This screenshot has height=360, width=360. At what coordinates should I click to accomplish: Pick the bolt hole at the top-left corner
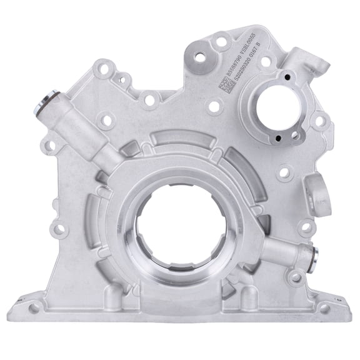[x=104, y=66]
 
